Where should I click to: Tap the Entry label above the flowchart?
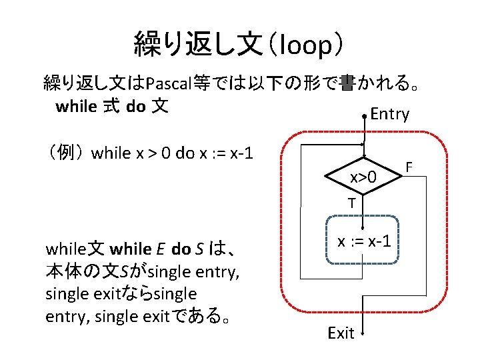tap(389, 114)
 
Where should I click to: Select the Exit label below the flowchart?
tap(341, 333)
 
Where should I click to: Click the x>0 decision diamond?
tap(363, 177)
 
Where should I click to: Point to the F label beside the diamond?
tap(409, 164)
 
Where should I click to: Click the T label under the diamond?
tap(350, 203)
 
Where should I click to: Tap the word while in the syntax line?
tap(77, 106)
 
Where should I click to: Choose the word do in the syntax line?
tap(135, 106)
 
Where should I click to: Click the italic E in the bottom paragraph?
tap(161, 250)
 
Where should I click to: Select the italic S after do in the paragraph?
tap(199, 250)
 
